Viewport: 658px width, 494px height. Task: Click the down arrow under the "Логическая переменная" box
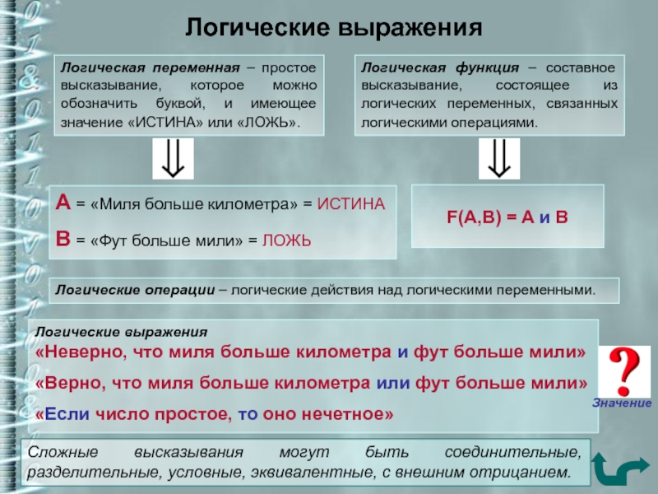(173, 159)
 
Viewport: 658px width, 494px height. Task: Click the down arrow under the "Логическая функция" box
(498, 159)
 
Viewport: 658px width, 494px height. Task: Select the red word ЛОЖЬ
(286, 240)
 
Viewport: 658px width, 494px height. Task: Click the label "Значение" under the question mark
(623, 403)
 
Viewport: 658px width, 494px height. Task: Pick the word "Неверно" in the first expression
(76, 352)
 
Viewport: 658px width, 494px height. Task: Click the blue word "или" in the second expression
(390, 384)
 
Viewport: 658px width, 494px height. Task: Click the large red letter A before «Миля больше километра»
(63, 203)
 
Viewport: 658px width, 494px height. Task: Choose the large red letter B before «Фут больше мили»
(63, 240)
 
